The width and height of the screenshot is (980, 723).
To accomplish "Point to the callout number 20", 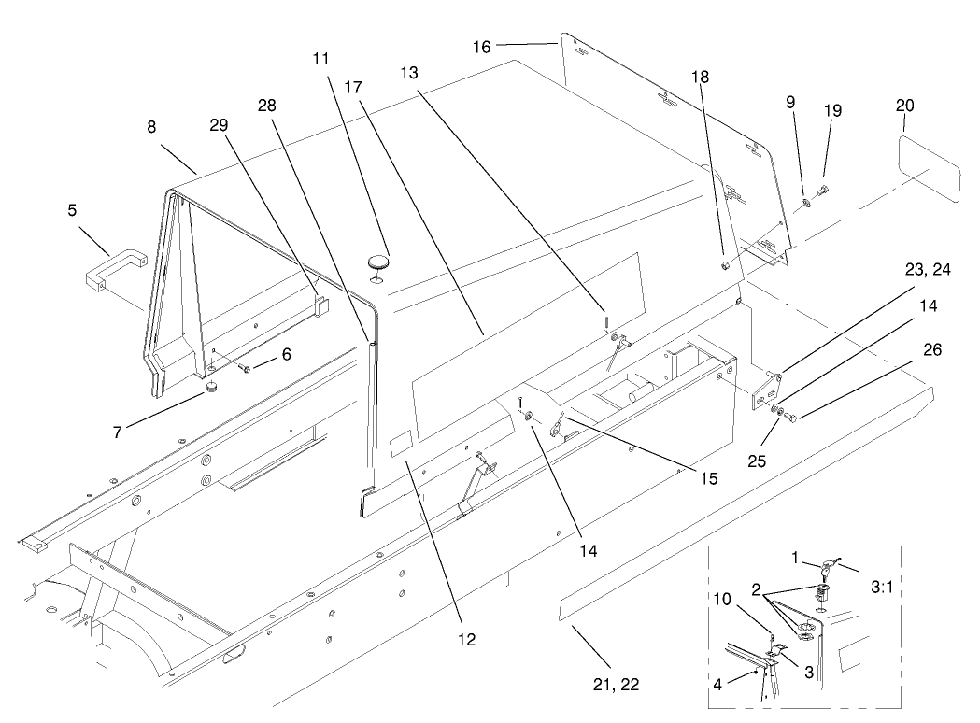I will point(904,106).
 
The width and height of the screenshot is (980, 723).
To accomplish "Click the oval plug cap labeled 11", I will point(377,260).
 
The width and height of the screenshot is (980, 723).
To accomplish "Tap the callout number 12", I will point(466,640).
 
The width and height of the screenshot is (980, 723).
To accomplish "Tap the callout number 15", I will point(708,478).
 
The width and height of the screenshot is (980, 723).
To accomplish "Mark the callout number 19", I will point(831,110).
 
